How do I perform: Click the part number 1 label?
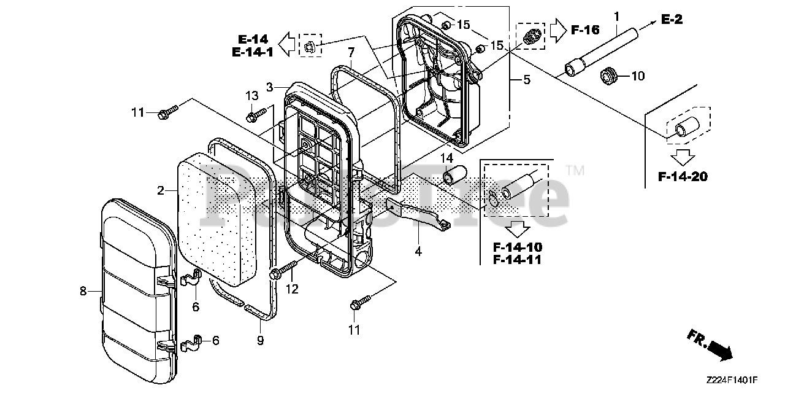[x=616, y=15]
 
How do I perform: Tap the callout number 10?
[x=638, y=76]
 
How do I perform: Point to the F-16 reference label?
[x=585, y=29]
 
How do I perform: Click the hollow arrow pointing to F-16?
[x=557, y=29]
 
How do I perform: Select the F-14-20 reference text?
[x=683, y=177]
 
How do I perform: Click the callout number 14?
[x=446, y=158]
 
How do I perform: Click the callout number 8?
[x=83, y=292]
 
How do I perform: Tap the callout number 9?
[x=260, y=340]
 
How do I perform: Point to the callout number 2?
[x=161, y=191]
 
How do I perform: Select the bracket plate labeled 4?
[x=417, y=212]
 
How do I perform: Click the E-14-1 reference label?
[x=252, y=52]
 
